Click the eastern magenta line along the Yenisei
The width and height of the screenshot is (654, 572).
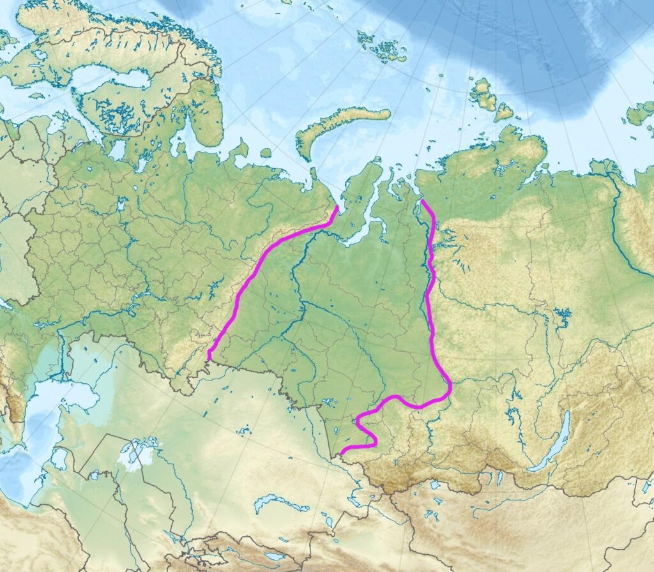tap(432, 306)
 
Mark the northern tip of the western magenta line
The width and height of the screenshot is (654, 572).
tap(337, 207)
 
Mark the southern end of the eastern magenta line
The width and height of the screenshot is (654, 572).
tap(342, 453)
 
